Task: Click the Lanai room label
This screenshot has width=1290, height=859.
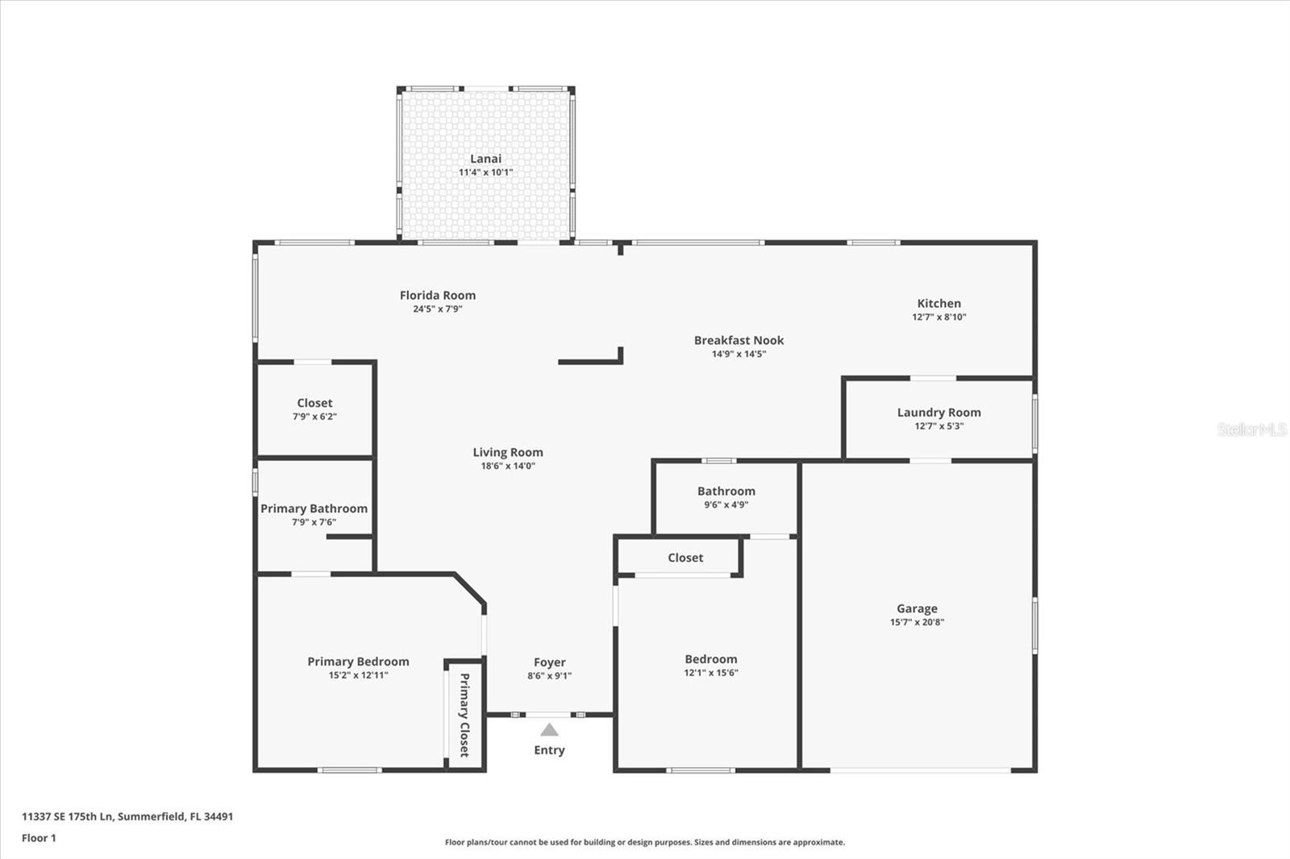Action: [x=485, y=158]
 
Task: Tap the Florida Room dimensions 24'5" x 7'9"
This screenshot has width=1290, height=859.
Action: [x=438, y=309]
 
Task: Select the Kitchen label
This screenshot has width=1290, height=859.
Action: [x=938, y=303]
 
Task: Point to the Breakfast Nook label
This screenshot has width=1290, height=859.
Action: [x=739, y=340]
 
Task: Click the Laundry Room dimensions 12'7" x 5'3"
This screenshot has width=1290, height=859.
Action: [x=938, y=426]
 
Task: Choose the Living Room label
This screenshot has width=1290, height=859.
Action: [x=508, y=453]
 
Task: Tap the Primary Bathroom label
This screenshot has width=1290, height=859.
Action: [x=314, y=508]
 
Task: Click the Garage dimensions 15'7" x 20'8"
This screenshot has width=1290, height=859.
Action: [x=917, y=622]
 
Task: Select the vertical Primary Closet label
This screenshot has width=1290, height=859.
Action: [x=464, y=715]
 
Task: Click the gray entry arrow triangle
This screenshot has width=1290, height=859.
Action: [x=549, y=730]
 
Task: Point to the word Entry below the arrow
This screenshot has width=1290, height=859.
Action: [x=549, y=750]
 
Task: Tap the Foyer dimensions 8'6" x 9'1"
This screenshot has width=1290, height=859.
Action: [x=549, y=676]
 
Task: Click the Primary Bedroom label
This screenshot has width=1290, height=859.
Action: [x=358, y=662]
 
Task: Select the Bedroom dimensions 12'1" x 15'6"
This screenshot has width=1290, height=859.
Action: [x=710, y=673]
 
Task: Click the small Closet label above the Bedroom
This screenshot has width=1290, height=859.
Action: [x=685, y=558]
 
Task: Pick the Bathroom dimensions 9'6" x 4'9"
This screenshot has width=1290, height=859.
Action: [x=726, y=505]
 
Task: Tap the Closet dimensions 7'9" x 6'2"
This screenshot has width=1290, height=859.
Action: [x=314, y=417]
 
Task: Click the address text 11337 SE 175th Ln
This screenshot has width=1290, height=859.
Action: [x=69, y=816]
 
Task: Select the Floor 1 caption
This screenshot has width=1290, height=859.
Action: [x=40, y=838]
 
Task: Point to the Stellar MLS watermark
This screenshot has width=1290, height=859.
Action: [x=1252, y=429]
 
